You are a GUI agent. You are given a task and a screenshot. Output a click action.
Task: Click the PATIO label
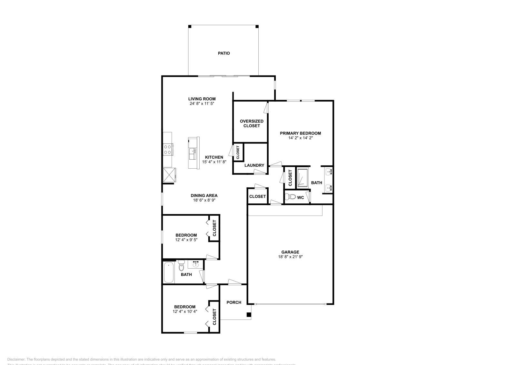(223, 53)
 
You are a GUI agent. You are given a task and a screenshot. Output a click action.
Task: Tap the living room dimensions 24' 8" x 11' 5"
(202, 104)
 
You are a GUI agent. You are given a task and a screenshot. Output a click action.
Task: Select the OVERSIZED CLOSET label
(252, 123)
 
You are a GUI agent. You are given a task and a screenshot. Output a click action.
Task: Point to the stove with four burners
(168, 149)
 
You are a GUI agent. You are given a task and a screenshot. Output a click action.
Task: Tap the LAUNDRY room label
(254, 165)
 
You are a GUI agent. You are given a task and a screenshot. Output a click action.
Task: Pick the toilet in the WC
(292, 197)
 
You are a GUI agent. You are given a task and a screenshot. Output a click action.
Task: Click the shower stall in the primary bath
(303, 177)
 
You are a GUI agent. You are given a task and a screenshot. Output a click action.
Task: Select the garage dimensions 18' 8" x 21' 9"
(290, 257)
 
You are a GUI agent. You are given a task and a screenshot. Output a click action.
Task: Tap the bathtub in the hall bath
(169, 272)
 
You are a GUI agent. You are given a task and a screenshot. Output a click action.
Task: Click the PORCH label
(234, 302)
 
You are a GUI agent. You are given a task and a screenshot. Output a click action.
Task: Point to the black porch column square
(249, 315)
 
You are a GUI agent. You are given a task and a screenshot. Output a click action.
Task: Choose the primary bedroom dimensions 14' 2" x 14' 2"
(301, 138)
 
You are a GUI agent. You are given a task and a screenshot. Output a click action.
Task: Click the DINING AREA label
(204, 195)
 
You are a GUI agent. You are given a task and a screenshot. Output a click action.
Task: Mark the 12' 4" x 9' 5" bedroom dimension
(186, 240)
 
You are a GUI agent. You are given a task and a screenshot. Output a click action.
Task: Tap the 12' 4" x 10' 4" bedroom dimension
(185, 311)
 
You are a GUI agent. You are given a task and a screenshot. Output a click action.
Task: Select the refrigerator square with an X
(169, 175)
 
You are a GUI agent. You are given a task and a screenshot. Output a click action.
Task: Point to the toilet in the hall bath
(181, 266)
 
